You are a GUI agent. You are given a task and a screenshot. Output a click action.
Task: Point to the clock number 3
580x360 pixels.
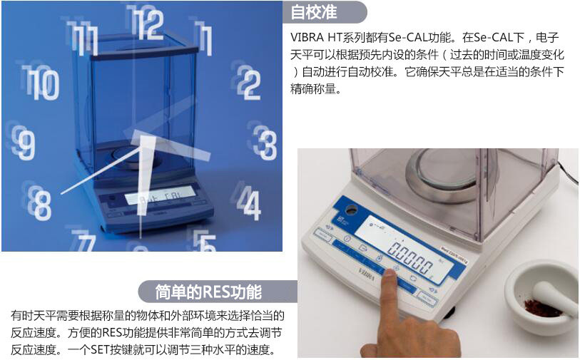[265, 145]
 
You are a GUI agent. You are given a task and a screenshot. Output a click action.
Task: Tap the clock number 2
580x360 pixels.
[249, 84]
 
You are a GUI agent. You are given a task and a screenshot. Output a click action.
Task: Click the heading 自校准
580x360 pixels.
[314, 12]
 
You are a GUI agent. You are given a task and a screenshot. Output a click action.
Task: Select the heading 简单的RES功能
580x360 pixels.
[208, 292]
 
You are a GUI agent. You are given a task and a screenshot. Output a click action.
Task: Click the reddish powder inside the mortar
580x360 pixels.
[541, 309]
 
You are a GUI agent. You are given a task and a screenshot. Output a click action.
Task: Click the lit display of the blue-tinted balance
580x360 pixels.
[159, 195]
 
